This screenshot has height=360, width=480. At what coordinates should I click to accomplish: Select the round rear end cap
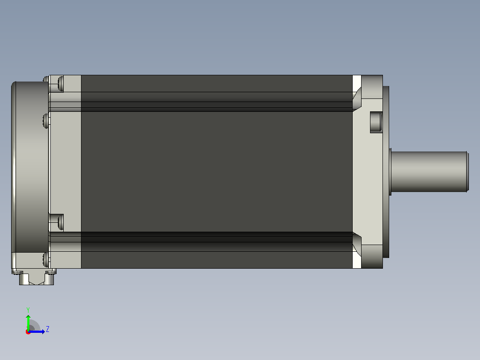point(30,167)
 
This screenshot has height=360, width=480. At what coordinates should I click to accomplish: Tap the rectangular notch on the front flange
point(376,122)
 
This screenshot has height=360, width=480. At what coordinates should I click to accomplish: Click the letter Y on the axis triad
point(28,310)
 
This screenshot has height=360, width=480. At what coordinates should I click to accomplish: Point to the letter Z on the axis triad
point(48,329)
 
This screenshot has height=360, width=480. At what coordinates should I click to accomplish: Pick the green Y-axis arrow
point(28,323)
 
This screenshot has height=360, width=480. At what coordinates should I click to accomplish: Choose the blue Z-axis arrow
point(37,331)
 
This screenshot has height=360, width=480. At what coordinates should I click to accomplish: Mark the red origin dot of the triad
point(28,332)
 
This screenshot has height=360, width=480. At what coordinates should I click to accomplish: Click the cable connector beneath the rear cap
point(37,278)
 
